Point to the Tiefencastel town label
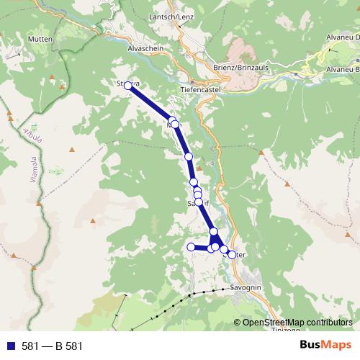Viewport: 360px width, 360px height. (199, 90)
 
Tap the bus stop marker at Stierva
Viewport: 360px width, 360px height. (128, 86)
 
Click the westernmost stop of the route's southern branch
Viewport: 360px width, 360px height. (191, 247)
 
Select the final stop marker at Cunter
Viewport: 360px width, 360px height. (231, 254)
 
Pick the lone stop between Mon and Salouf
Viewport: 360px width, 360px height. (189, 156)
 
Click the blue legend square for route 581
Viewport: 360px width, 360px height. (9, 346)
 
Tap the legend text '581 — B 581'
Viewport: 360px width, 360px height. (52, 346)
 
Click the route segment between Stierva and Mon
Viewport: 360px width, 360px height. (150, 102)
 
